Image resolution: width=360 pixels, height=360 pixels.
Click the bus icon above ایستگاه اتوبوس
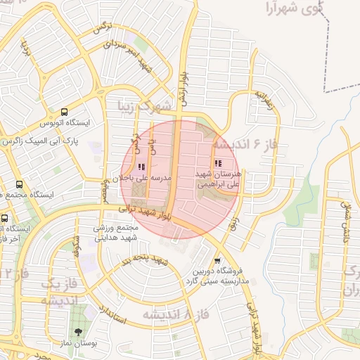[65, 112]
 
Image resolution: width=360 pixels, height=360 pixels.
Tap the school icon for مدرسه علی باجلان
[141, 167]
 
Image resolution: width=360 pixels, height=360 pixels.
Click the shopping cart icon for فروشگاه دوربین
[217, 260]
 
